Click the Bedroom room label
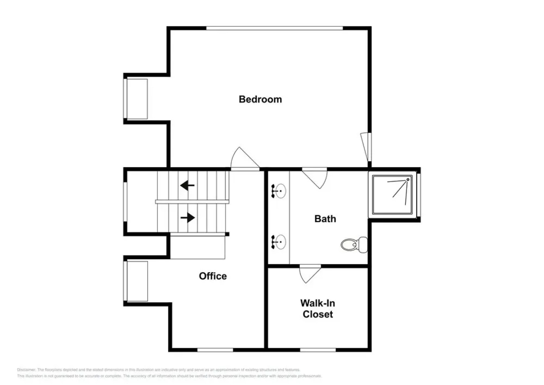[x=260, y=99]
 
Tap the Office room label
[x=213, y=276]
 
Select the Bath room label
[x=325, y=219]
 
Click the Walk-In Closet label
[x=318, y=308]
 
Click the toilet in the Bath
[x=354, y=245]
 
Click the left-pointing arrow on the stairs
[x=187, y=185]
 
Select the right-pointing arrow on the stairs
[x=188, y=217]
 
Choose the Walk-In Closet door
[x=309, y=273]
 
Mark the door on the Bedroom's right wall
[x=366, y=147]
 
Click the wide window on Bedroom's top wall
[x=274, y=28]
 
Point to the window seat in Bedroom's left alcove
[x=137, y=99]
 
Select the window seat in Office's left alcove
[x=137, y=281]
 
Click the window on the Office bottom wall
[x=215, y=350]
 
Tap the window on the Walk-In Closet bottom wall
[x=318, y=350]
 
